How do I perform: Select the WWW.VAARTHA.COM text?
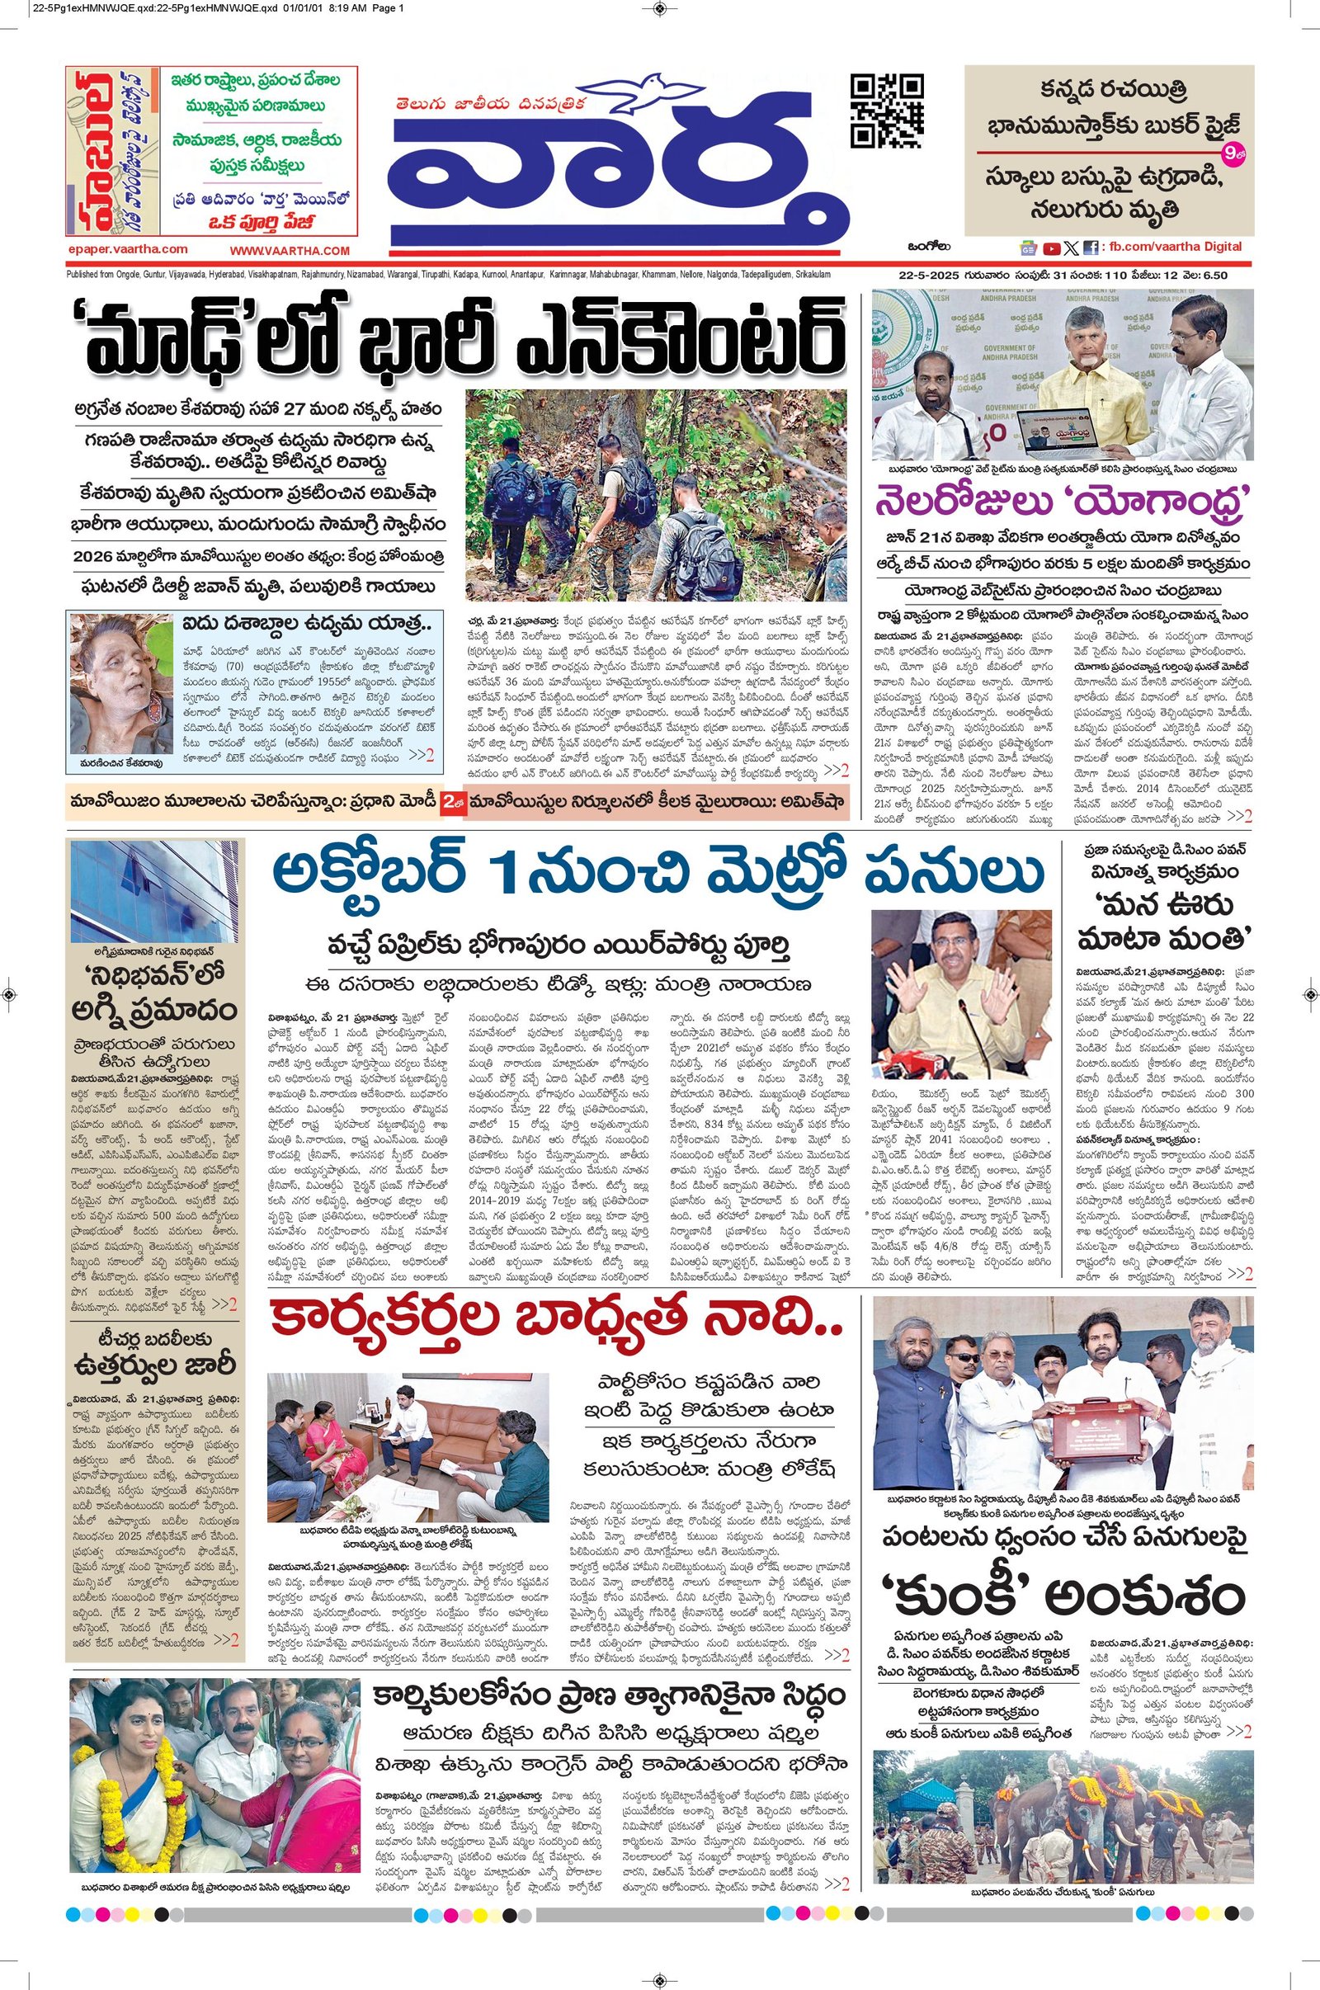coord(289,250)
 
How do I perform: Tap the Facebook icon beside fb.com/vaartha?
coord(1090,248)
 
